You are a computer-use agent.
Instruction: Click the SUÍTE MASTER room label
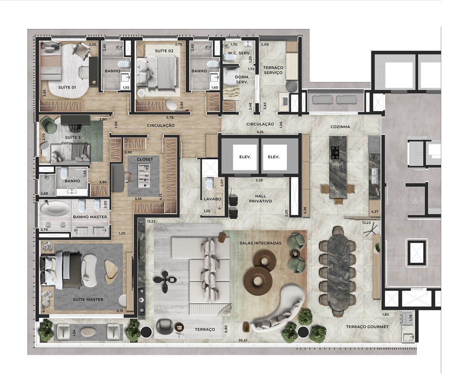coord(88,300)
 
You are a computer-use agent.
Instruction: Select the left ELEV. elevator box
coord(245,157)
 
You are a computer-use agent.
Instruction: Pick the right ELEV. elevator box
coord(273,157)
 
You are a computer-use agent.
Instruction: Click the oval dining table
coord(338,271)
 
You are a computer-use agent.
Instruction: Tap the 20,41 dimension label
coord(243,340)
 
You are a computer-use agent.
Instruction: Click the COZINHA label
coord(340,127)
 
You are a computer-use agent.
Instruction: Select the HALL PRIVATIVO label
coord(260,198)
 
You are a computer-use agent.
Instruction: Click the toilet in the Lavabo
coord(210,184)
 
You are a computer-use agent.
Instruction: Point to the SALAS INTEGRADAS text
coord(260,243)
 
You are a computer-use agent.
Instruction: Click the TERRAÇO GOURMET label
coord(367,327)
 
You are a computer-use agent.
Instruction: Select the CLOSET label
coord(145,159)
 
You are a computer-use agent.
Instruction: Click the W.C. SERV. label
coord(239,53)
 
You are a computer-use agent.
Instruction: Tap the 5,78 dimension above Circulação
coord(170,117)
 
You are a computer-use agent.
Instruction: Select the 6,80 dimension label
coord(226,329)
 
